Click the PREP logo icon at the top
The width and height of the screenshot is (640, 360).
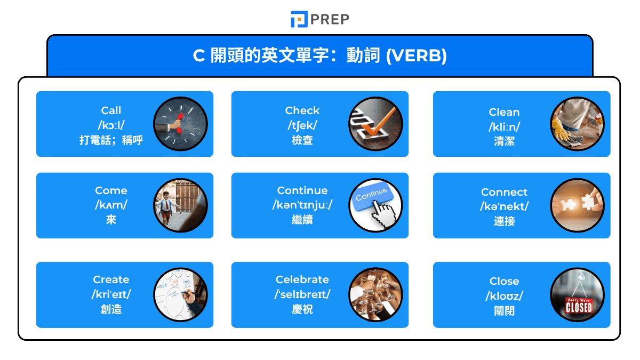click(x=299, y=19)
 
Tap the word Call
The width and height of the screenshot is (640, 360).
click(x=111, y=110)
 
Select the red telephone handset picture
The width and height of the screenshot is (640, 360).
click(x=180, y=124)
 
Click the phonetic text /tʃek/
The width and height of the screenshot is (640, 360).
click(x=302, y=125)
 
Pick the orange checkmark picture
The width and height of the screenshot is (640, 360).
click(x=375, y=124)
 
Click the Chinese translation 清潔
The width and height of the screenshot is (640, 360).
click(x=504, y=142)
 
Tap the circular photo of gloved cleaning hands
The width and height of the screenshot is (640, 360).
click(x=577, y=124)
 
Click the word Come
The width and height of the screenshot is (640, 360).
click(x=111, y=190)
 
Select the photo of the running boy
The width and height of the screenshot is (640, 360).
click(x=180, y=205)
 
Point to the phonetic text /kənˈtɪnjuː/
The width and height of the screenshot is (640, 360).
click(x=302, y=205)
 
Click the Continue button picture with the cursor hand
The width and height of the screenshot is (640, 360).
click(x=375, y=205)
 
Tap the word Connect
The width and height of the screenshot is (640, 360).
click(x=504, y=192)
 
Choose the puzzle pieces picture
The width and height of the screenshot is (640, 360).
click(x=577, y=205)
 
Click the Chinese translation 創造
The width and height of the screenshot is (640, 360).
click(x=111, y=309)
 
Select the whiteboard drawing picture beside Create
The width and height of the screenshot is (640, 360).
click(x=180, y=294)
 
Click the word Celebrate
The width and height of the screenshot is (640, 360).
click(x=302, y=279)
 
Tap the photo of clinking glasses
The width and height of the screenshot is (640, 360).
click(x=375, y=294)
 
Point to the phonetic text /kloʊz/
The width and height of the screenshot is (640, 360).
click(x=504, y=296)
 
